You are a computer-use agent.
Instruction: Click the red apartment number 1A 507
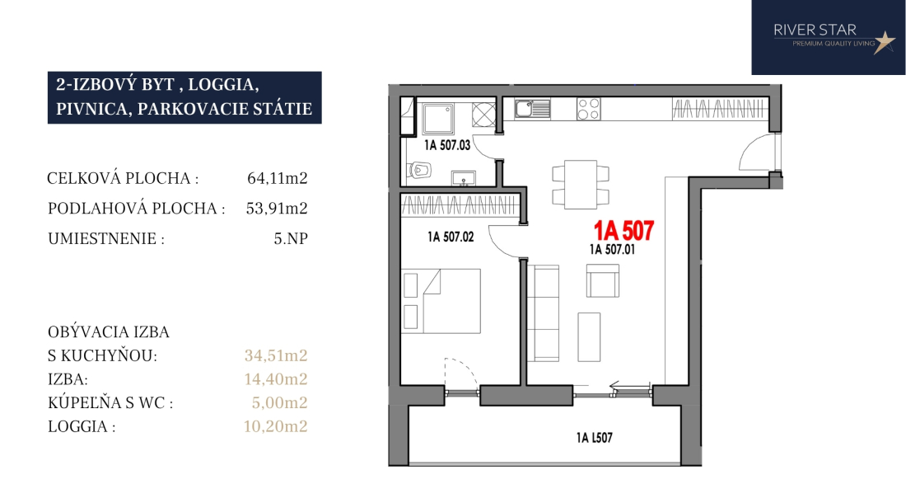(624, 231)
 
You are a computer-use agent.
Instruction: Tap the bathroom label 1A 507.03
(447, 145)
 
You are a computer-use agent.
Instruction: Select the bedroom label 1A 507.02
(451, 237)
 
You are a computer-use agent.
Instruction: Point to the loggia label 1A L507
(594, 438)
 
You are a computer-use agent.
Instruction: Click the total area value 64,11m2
(278, 178)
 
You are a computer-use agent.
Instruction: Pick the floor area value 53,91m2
(277, 208)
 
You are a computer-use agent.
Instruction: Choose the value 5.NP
(291, 238)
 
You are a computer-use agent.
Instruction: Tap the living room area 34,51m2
(276, 355)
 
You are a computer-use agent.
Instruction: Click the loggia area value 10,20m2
(275, 426)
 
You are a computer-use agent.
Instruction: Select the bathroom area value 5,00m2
(279, 403)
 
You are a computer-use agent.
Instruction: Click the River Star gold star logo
(884, 42)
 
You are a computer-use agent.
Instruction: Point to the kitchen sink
(533, 109)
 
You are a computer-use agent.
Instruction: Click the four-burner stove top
(588, 109)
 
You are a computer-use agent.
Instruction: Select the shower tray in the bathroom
(438, 119)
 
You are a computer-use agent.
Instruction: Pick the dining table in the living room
(581, 185)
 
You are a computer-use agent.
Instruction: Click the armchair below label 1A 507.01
(603, 281)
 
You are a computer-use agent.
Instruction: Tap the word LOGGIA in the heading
(223, 84)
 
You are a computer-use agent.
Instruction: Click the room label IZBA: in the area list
(68, 379)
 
